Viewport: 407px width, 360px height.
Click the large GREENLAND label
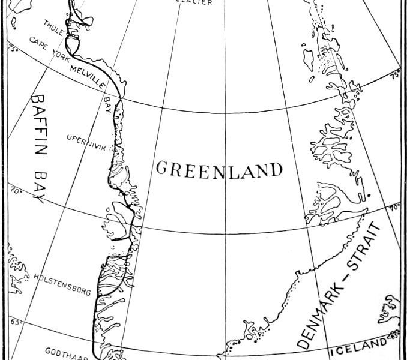pyautogui.click(x=219, y=169)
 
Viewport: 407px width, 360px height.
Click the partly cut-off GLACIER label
pyautogui.click(x=193, y=3)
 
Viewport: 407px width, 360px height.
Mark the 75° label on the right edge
pyautogui.click(x=395, y=76)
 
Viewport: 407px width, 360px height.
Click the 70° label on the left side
pyautogui.click(x=16, y=192)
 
